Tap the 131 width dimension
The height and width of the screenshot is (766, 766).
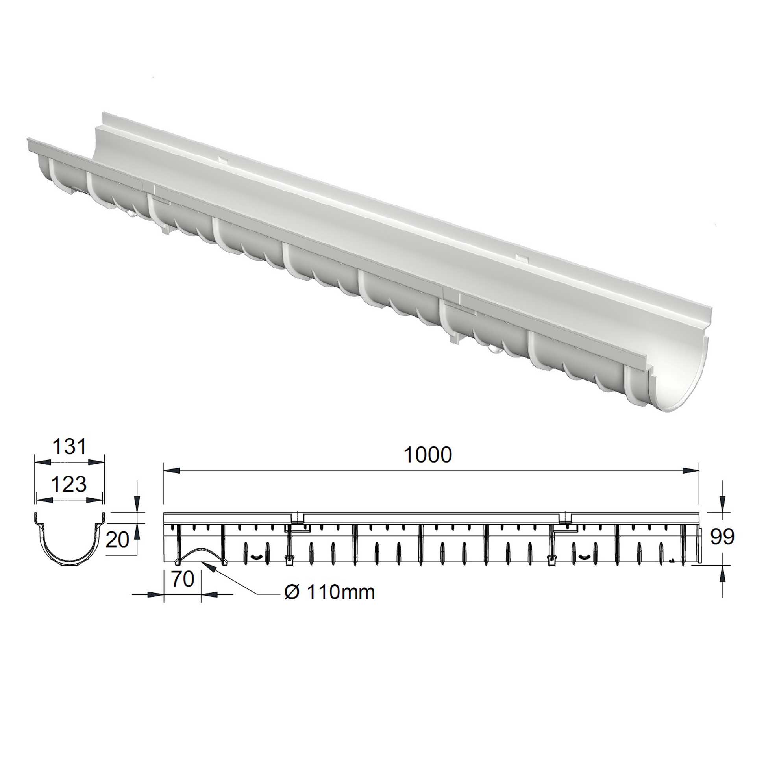[69, 447]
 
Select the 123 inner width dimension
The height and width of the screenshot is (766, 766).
[69, 484]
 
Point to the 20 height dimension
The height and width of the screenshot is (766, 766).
[118, 540]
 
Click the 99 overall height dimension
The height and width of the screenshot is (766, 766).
[722, 537]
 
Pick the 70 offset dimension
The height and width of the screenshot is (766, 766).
[183, 579]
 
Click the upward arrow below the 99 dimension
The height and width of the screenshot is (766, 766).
[722, 573]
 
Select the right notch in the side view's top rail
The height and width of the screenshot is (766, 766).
[565, 517]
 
